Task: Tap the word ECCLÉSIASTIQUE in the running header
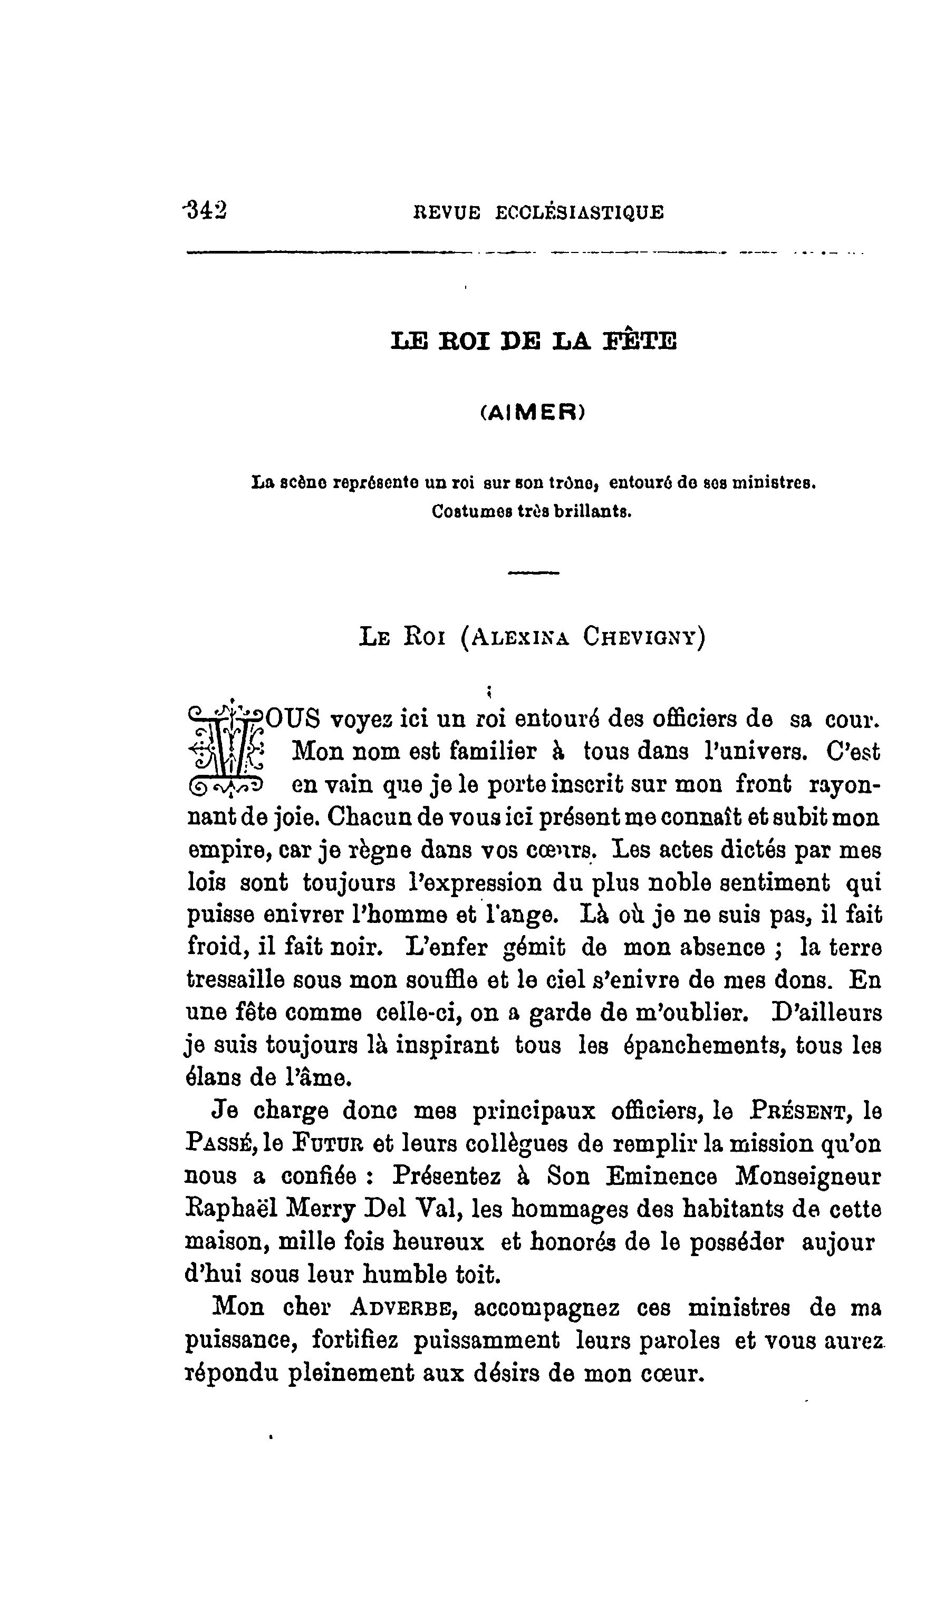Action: pos(580,212)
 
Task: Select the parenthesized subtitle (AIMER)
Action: pos(532,414)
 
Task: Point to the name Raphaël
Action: pos(229,1209)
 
